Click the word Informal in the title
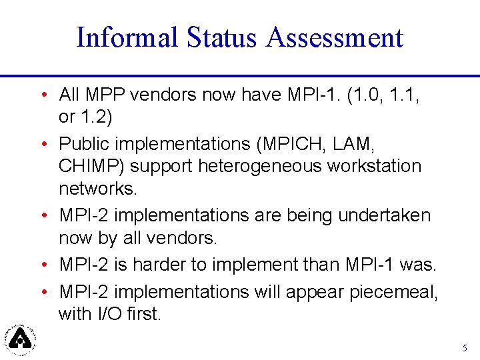(x=127, y=37)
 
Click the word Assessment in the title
(x=335, y=37)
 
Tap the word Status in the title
(x=222, y=37)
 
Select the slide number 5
(x=465, y=348)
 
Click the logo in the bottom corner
(x=20, y=339)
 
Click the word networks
(x=97, y=188)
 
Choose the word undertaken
(x=385, y=215)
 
